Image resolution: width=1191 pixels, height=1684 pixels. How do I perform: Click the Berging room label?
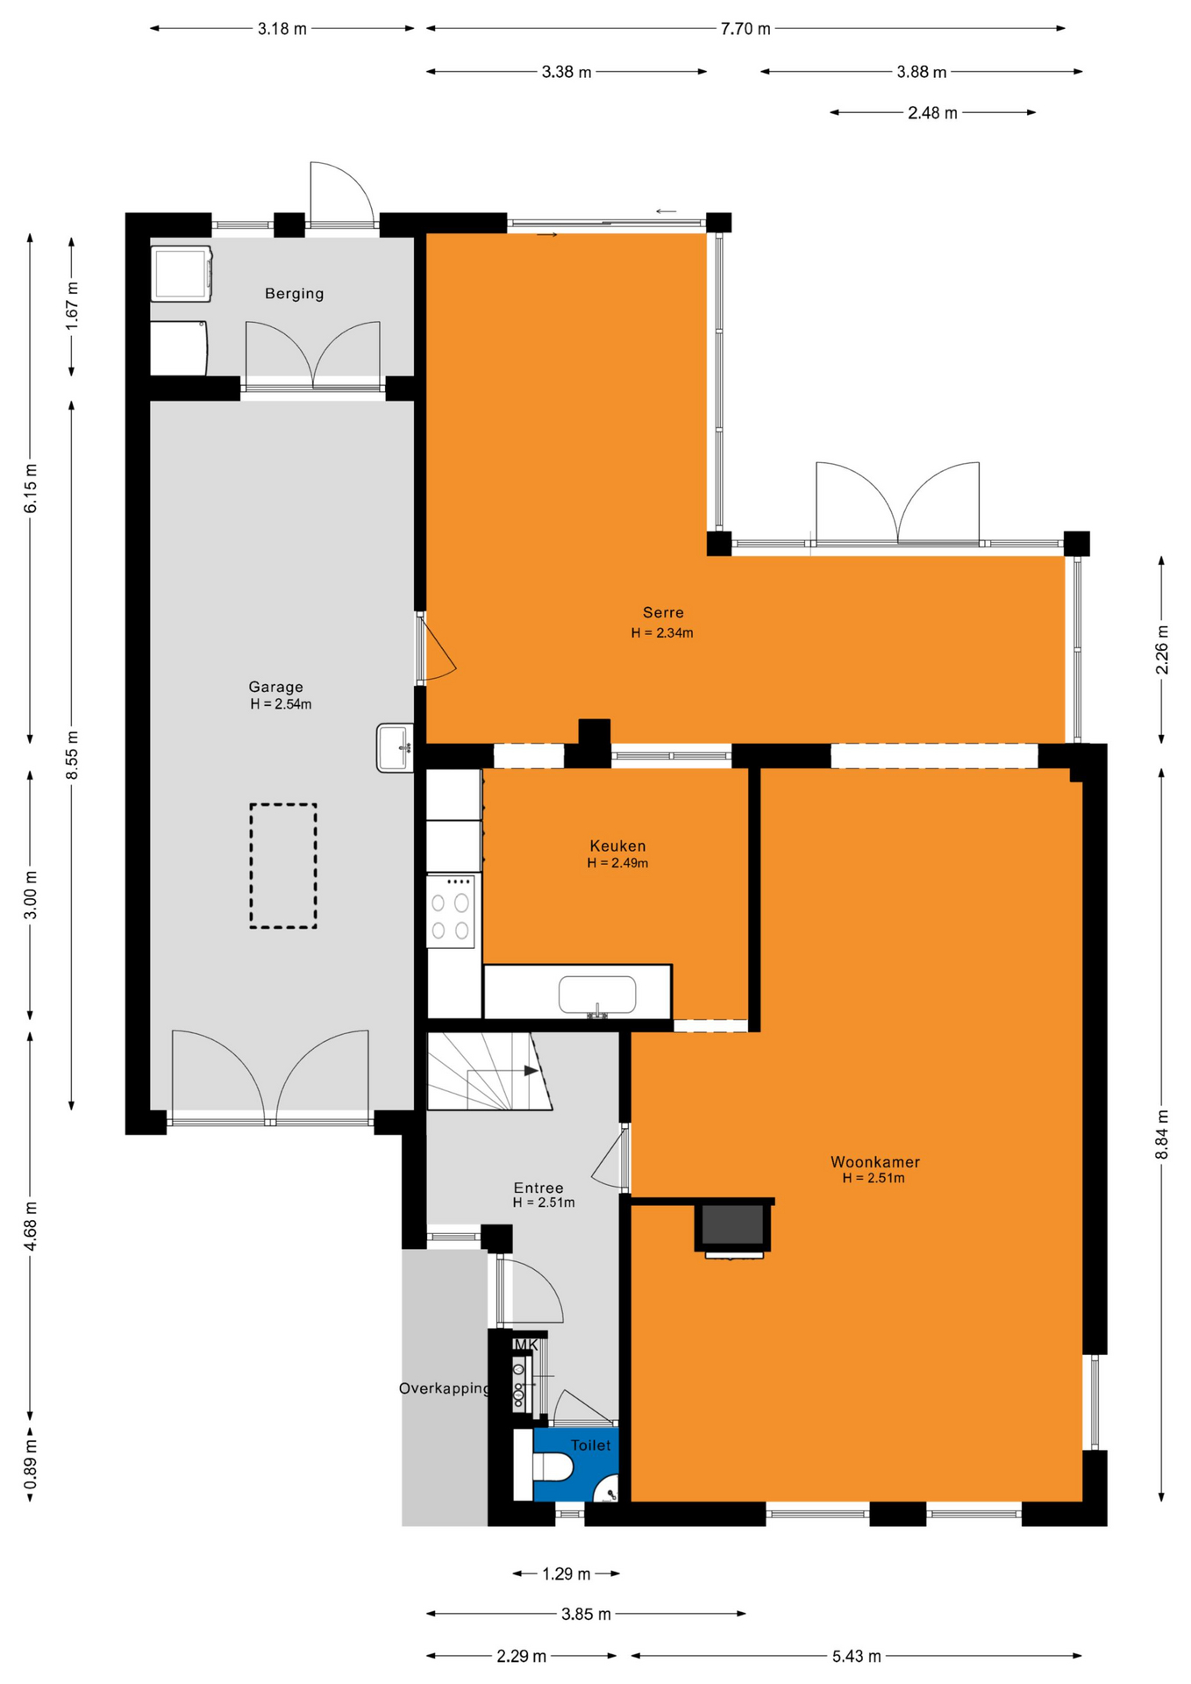(x=295, y=294)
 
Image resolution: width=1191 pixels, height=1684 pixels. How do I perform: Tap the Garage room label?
(x=276, y=687)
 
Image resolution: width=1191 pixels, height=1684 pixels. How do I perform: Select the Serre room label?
(x=663, y=612)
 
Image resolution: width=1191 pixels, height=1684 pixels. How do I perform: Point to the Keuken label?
(x=617, y=846)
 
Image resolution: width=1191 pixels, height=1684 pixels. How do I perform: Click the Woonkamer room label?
(x=875, y=1162)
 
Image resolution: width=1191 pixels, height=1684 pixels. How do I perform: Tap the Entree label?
(x=538, y=1188)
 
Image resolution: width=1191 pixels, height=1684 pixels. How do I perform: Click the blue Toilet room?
(x=575, y=1465)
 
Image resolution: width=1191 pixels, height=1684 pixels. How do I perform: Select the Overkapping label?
(x=445, y=1388)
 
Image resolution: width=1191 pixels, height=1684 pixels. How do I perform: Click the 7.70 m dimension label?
(x=745, y=29)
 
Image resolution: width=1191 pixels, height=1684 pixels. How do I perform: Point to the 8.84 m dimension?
(x=1162, y=1134)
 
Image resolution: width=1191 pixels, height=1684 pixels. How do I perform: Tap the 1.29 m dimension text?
(x=566, y=1573)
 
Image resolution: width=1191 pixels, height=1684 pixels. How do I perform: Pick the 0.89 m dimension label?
(x=31, y=1464)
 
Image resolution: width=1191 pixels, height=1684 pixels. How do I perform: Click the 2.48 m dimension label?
(x=932, y=112)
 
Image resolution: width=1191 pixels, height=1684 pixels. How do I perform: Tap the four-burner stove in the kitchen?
(x=451, y=910)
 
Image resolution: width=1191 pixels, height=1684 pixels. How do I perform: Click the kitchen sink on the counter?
(x=597, y=995)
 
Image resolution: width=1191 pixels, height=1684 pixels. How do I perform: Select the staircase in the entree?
(x=489, y=1071)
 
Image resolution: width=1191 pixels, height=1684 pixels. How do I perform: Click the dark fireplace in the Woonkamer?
(x=733, y=1225)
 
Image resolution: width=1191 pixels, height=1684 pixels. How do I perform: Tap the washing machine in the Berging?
(x=182, y=274)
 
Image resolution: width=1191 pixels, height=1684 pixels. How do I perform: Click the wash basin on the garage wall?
(x=396, y=748)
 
